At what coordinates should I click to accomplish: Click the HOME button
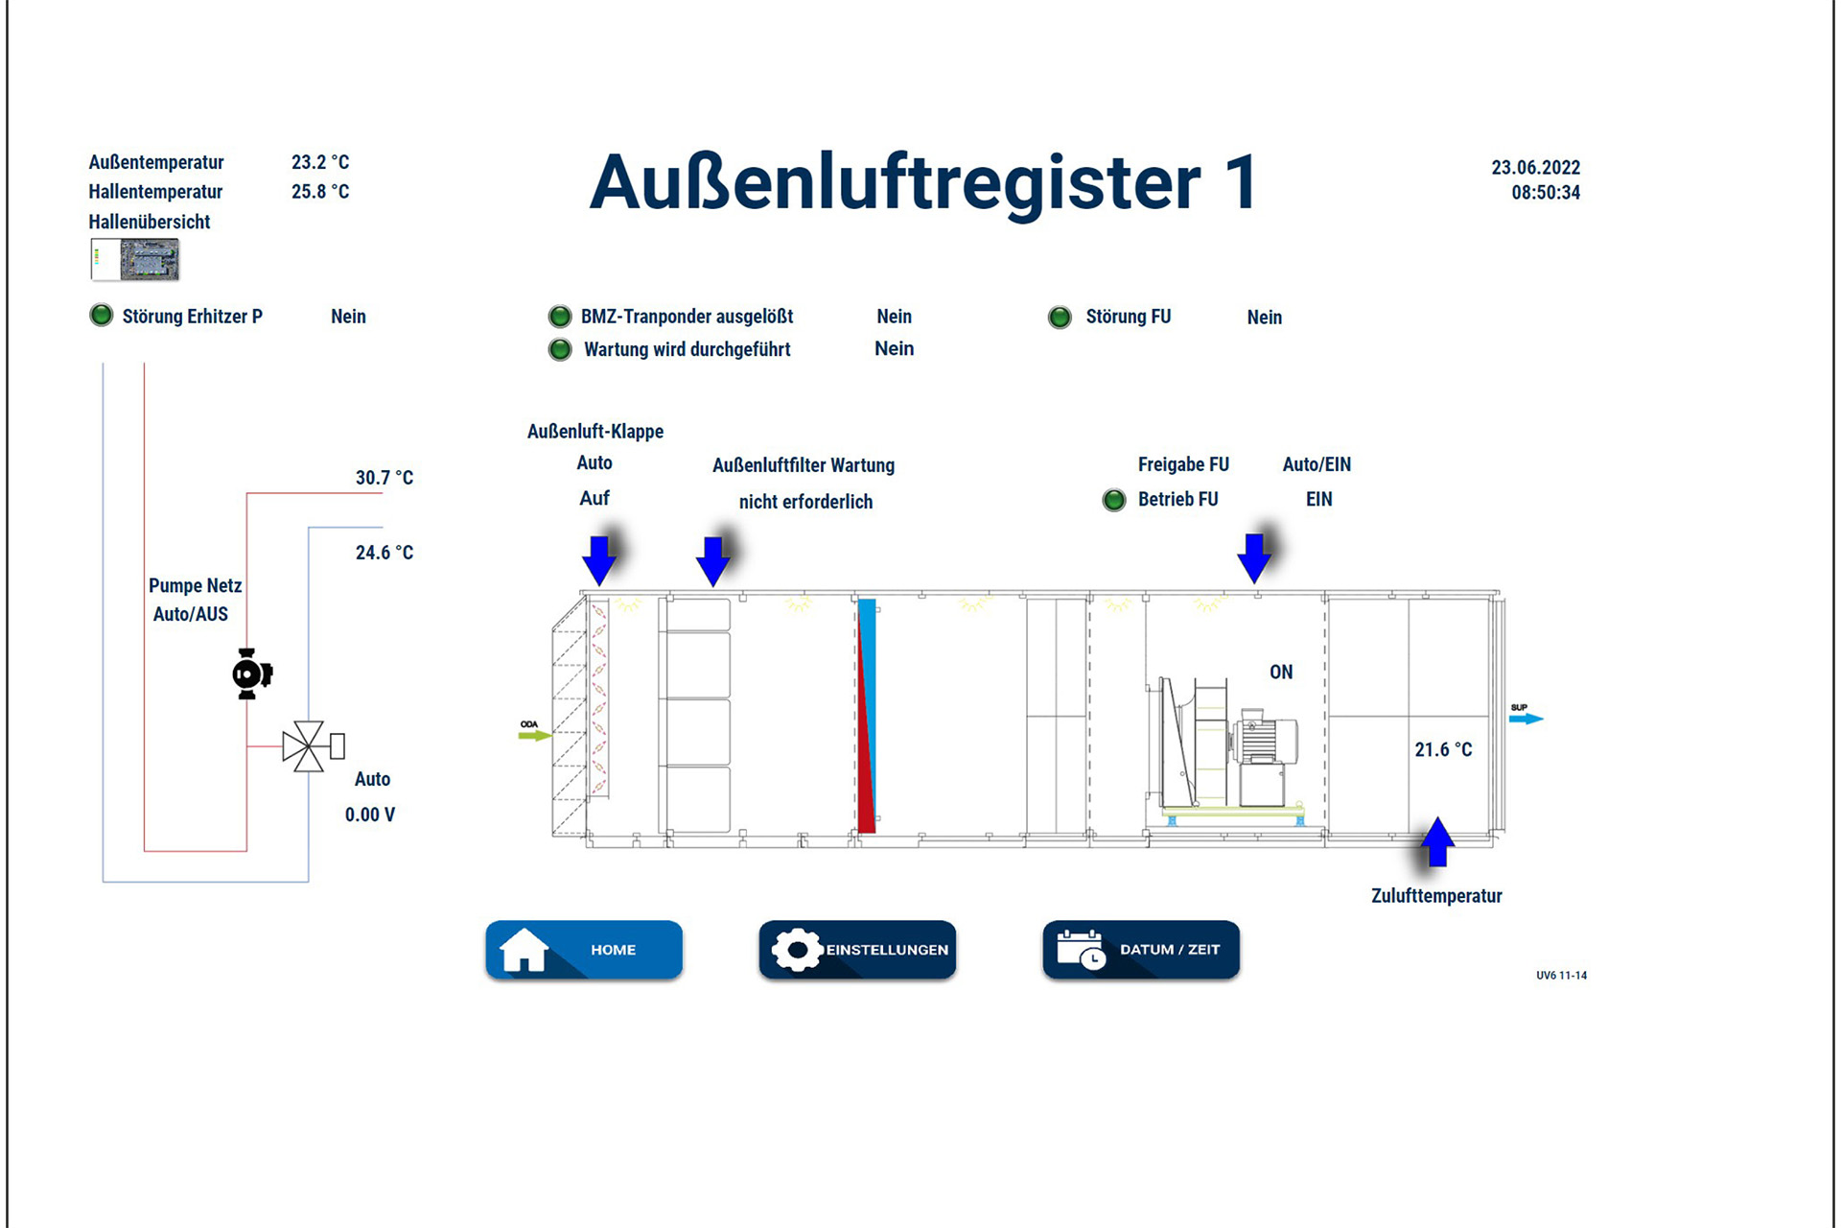pyautogui.click(x=584, y=950)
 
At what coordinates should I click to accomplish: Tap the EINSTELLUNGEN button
pyautogui.click(x=857, y=950)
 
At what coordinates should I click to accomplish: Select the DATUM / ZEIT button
pyautogui.click(x=1141, y=950)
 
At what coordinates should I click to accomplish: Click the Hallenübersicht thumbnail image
pyautogui.click(x=135, y=260)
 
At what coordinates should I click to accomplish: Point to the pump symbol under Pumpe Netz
pyautogui.click(x=250, y=673)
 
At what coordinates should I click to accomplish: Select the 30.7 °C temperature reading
pyautogui.click(x=384, y=478)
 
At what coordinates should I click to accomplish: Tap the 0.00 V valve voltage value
pyautogui.click(x=369, y=815)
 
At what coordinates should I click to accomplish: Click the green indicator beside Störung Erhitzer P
pyautogui.click(x=101, y=316)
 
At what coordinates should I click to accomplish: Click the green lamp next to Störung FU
pyautogui.click(x=1060, y=318)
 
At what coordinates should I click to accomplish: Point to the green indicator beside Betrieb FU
pyautogui.click(x=1113, y=500)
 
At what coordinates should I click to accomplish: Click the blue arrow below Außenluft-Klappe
pyautogui.click(x=599, y=559)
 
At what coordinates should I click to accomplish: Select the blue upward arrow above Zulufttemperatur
pyautogui.click(x=1436, y=841)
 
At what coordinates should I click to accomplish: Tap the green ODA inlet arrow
pyautogui.click(x=534, y=736)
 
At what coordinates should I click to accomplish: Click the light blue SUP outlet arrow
pyautogui.click(x=1526, y=719)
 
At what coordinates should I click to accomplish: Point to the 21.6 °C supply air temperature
pyautogui.click(x=1443, y=749)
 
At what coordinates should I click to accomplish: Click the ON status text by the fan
pyautogui.click(x=1281, y=673)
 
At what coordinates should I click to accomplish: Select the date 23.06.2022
pyautogui.click(x=1535, y=167)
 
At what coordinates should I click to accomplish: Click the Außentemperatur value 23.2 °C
pyautogui.click(x=320, y=162)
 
